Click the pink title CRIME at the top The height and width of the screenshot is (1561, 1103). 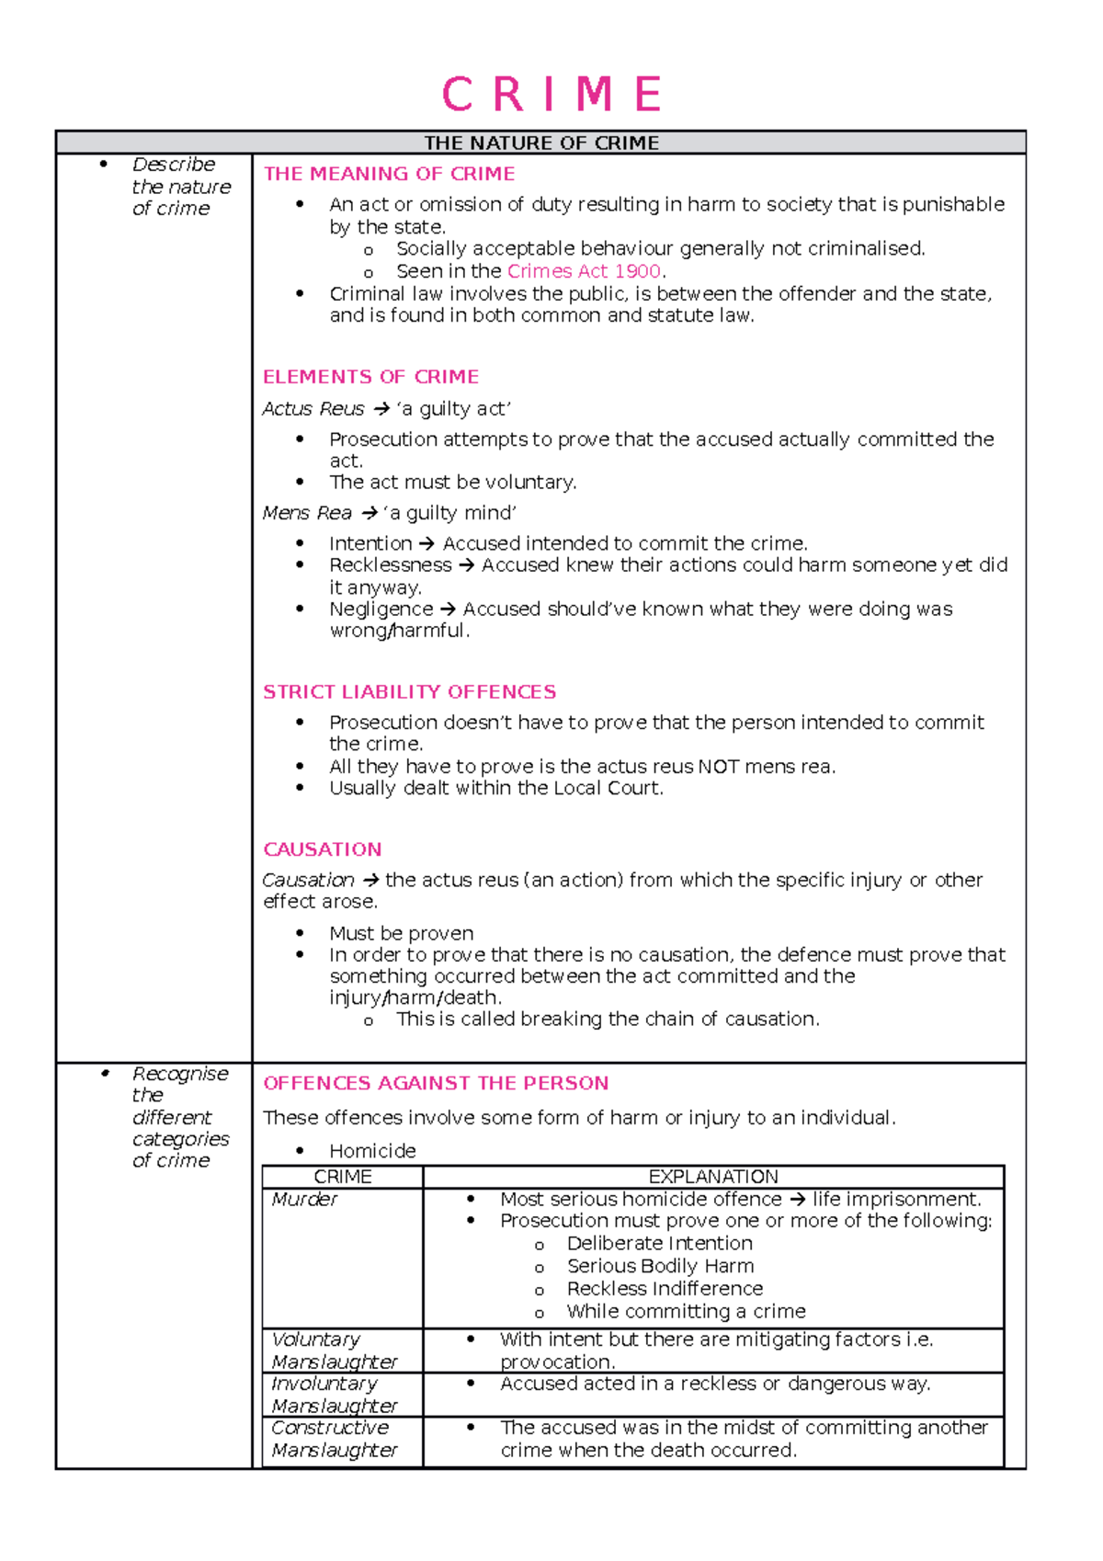551,95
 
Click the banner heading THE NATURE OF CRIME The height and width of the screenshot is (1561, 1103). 540,142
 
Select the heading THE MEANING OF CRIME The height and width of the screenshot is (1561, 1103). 389,174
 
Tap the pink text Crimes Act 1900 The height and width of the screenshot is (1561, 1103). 584,271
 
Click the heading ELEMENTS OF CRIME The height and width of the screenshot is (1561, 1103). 370,377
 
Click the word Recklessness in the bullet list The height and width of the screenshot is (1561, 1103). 390,564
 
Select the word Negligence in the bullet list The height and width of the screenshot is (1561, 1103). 381,609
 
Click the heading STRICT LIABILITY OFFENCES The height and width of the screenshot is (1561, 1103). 409,692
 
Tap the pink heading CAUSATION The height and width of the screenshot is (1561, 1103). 322,849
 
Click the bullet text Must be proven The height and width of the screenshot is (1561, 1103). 402,933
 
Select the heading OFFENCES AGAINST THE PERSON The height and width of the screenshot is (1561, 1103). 436,1083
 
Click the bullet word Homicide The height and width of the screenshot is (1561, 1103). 372,1151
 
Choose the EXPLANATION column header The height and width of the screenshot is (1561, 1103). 712,1177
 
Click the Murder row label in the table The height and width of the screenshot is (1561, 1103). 304,1200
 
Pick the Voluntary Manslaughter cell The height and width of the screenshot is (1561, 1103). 334,1350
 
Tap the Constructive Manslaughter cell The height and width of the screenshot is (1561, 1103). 334,1439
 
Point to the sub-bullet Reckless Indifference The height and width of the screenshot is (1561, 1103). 665,1289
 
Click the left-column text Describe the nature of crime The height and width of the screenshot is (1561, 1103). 180,187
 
